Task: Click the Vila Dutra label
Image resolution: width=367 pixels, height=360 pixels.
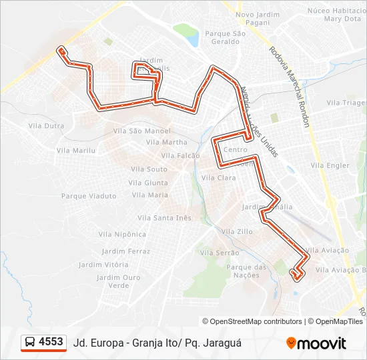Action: pyautogui.click(x=46, y=125)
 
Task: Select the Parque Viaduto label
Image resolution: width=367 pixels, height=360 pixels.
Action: pyautogui.click(x=89, y=196)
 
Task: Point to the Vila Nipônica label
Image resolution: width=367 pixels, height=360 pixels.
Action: pyautogui.click(x=122, y=234)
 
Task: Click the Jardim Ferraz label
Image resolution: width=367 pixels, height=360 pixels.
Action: pyautogui.click(x=126, y=251)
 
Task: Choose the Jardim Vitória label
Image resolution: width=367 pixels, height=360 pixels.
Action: pyautogui.click(x=103, y=264)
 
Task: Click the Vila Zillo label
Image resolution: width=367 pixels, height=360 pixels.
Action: pyautogui.click(x=236, y=231)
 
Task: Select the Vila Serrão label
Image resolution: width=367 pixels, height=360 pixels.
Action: pyautogui.click(x=220, y=253)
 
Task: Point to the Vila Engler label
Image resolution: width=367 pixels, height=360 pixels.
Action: pyautogui.click(x=330, y=165)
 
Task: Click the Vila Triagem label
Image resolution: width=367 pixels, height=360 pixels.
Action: pyautogui.click(x=346, y=103)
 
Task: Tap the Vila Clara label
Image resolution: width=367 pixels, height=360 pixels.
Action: pyautogui.click(x=218, y=178)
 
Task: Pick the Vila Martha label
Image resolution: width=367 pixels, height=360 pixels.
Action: pyautogui.click(x=166, y=142)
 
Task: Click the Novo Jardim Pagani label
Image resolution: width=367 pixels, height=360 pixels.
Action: pyautogui.click(x=256, y=18)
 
